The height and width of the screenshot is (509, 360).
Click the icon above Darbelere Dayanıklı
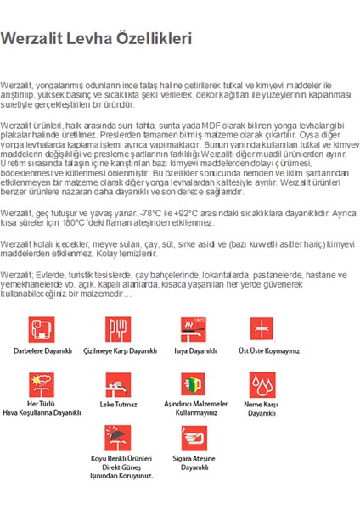42,329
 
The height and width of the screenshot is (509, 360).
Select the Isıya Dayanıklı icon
191,329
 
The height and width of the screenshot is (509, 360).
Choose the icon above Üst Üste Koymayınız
262,329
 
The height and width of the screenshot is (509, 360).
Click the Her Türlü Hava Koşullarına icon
42,383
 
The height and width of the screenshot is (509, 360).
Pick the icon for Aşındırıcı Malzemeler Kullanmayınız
191,383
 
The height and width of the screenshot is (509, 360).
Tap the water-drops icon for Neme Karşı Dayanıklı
262,383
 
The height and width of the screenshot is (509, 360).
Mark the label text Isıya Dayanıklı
191,350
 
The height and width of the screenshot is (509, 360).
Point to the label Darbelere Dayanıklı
42,350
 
